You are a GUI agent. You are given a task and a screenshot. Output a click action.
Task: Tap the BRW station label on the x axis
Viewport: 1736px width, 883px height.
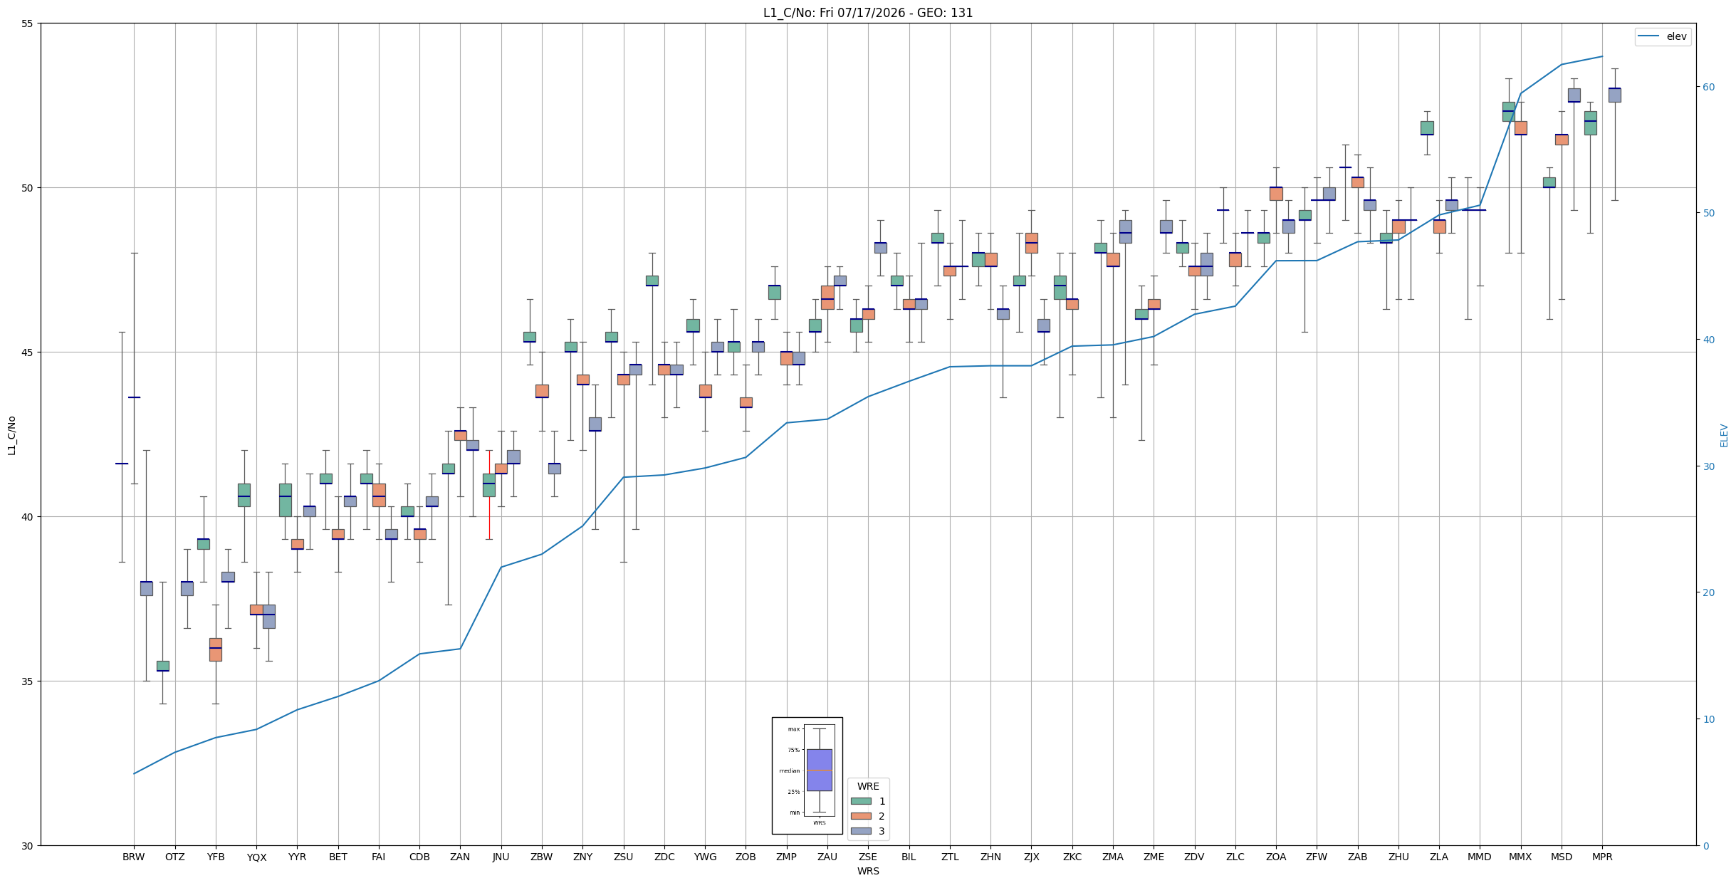coord(133,857)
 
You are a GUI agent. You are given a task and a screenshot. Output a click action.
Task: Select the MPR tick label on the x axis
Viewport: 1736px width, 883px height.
coord(1602,857)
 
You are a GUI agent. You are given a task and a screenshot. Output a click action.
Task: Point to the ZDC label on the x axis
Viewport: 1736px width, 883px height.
coord(664,857)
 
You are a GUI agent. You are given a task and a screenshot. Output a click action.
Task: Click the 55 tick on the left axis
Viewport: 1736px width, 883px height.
coord(28,23)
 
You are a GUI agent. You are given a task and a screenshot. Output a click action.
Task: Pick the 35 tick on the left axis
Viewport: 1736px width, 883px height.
coord(28,681)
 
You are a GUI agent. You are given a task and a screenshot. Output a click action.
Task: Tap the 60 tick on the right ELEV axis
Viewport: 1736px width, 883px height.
coord(1708,87)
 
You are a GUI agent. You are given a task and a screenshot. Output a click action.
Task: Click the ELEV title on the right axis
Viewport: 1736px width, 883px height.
coord(1724,435)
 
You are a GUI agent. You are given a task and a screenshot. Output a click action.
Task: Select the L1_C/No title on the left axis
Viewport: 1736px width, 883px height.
coord(11,435)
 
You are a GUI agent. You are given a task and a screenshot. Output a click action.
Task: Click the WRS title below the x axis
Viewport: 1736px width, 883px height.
coord(868,871)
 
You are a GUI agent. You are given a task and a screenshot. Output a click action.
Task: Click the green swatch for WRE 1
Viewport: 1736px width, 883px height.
coord(861,801)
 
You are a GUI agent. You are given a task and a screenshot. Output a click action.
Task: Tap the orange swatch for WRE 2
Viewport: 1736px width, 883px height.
coord(861,816)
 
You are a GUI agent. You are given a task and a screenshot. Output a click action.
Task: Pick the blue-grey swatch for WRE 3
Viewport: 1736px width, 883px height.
coord(861,831)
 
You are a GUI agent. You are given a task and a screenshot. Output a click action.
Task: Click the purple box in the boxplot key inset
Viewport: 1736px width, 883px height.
coord(819,770)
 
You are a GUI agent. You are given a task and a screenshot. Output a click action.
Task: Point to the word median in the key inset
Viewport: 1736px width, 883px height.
coord(789,770)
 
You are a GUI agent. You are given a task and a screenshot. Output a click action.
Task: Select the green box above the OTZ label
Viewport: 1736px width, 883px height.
coord(163,666)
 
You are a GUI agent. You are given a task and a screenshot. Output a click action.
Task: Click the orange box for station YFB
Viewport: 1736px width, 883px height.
coord(216,649)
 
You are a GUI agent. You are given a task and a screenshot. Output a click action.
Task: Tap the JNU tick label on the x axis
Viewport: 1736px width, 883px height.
coord(501,857)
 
